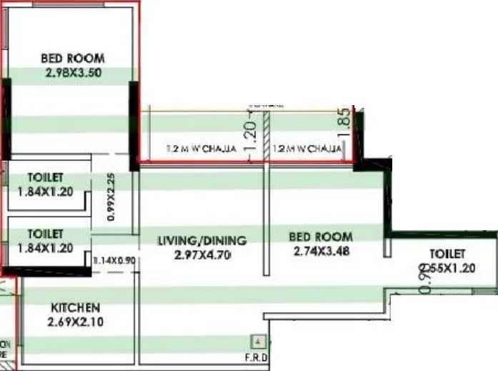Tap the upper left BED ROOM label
coord(72,58)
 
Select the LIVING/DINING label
coord(201,240)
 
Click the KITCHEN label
coord(74,307)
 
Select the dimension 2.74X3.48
coord(321,251)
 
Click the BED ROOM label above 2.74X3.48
coord(321,237)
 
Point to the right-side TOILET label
coord(447,254)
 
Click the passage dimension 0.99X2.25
coord(111,198)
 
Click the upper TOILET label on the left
coord(45,177)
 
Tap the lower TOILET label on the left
coord(45,234)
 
